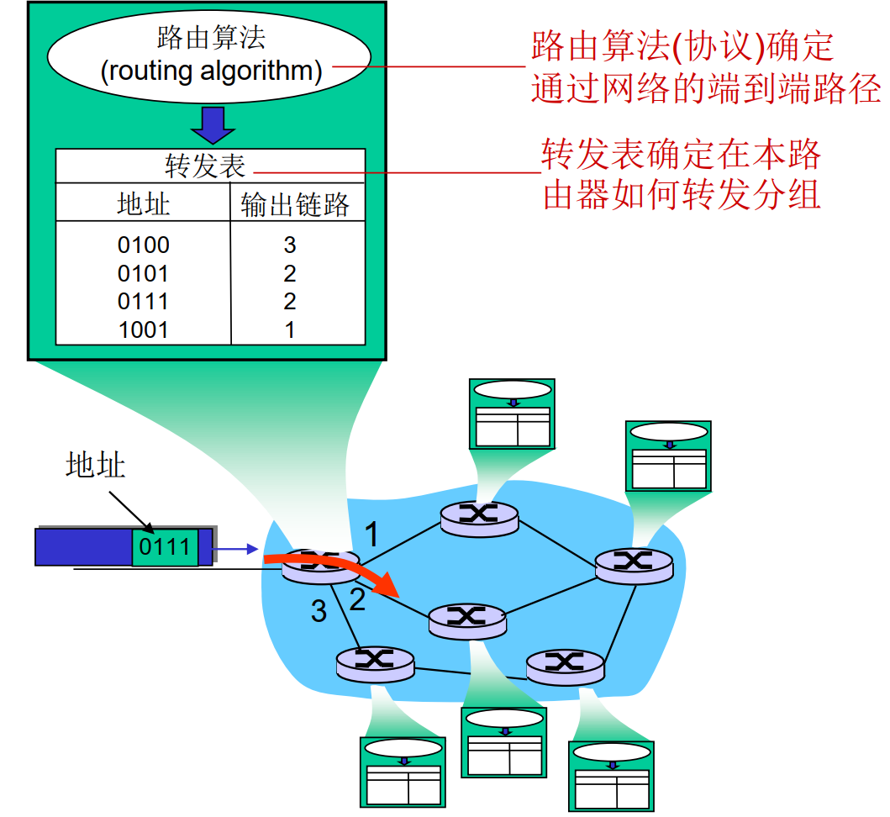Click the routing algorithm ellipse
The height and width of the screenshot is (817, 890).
pyautogui.click(x=211, y=55)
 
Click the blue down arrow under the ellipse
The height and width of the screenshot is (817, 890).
pyautogui.click(x=212, y=124)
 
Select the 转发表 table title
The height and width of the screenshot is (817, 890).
pyautogui.click(x=205, y=166)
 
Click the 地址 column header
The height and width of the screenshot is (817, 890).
pyautogui.click(x=143, y=204)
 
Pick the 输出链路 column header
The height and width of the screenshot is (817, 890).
pyautogui.click(x=295, y=204)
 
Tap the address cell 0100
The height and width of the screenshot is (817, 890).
pyautogui.click(x=144, y=245)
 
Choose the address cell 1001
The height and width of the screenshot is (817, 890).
pyautogui.click(x=144, y=329)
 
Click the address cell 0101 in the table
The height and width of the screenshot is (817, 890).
pyautogui.click(x=144, y=274)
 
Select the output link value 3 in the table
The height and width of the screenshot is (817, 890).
pyautogui.click(x=290, y=245)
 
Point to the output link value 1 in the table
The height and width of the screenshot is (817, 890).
pyautogui.click(x=290, y=329)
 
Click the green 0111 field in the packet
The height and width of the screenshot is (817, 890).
pyautogui.click(x=165, y=547)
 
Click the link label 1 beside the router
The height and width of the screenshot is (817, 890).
pyautogui.click(x=371, y=534)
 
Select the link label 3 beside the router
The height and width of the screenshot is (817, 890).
pyautogui.click(x=319, y=611)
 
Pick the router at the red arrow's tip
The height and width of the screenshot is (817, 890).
pyautogui.click(x=466, y=619)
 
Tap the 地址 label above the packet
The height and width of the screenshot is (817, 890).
pyautogui.click(x=95, y=465)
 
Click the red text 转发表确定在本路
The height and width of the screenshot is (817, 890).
pyautogui.click(x=681, y=155)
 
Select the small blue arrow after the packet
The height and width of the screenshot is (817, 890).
pyautogui.click(x=234, y=550)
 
